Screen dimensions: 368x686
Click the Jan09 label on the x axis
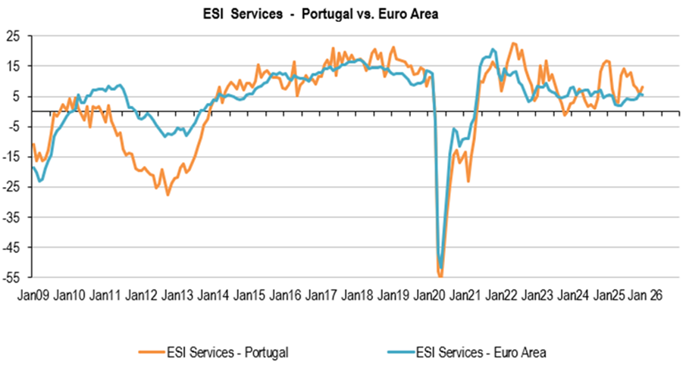33,296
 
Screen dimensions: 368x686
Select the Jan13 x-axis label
177,296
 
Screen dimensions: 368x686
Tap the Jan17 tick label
321,296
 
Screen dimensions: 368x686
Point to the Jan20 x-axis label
430,296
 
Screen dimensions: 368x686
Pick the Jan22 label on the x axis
502,296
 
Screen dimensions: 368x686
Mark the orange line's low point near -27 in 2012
168,195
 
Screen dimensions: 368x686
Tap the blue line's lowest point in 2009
40,181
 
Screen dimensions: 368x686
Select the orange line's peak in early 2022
514,43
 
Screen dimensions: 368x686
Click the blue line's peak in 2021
493,49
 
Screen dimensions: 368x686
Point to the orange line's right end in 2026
643,87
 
